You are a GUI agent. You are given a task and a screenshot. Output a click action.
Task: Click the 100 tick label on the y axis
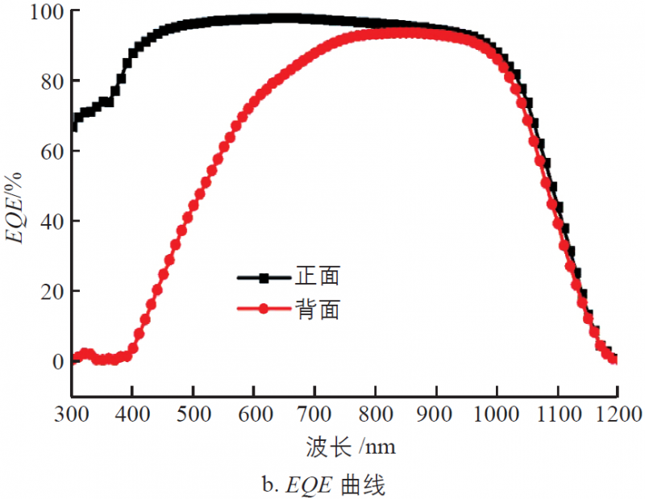(39, 12)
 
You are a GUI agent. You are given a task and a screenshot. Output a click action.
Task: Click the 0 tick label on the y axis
(53, 361)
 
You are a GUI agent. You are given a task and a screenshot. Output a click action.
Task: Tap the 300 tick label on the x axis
(72, 413)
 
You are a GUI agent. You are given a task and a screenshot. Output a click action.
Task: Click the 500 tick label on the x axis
(193, 413)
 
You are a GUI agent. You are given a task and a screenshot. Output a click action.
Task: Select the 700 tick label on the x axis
(314, 413)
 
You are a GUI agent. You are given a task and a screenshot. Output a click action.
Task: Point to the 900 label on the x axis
(435, 413)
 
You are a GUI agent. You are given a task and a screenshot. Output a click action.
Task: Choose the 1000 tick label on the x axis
(496, 413)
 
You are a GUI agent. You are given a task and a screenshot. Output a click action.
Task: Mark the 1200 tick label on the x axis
(617, 413)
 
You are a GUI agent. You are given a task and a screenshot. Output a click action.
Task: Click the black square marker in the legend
(264, 278)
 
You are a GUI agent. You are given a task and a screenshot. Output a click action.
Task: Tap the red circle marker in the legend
(264, 310)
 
